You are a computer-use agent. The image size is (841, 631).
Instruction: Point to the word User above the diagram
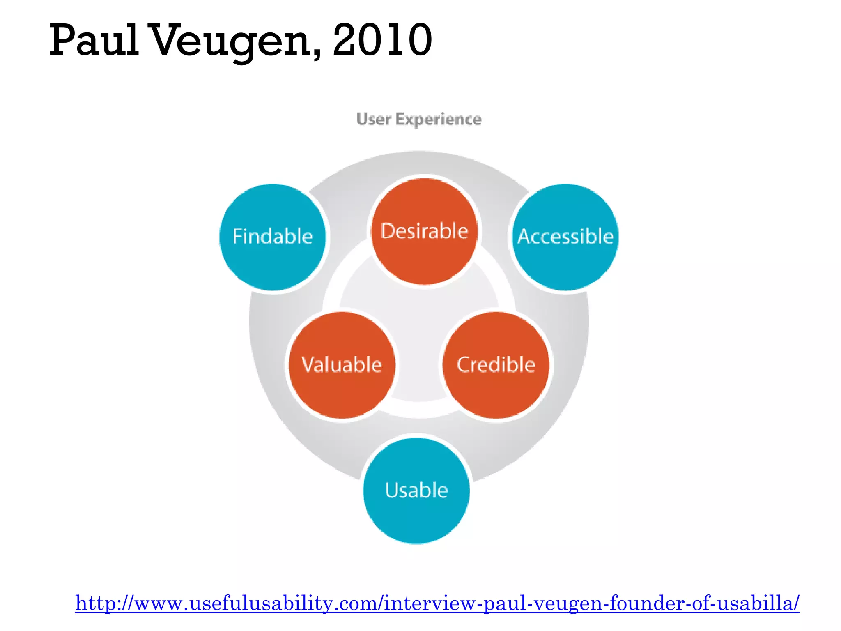(x=373, y=119)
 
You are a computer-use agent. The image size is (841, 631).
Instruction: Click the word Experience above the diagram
(x=438, y=119)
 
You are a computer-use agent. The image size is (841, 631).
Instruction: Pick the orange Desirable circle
(x=424, y=246)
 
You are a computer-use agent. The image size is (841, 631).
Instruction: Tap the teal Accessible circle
(x=565, y=255)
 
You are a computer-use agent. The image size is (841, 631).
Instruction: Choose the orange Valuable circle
(x=342, y=382)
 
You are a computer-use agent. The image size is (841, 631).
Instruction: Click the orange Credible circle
(x=496, y=382)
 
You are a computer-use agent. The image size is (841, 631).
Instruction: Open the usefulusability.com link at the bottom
(x=437, y=603)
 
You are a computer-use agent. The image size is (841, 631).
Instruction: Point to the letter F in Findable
(x=238, y=237)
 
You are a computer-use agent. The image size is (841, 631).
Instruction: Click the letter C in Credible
(x=464, y=365)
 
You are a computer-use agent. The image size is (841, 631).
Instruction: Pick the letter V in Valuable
(x=308, y=364)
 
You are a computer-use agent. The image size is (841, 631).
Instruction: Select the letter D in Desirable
(x=388, y=231)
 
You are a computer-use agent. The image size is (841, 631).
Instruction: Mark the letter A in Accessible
(x=525, y=237)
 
